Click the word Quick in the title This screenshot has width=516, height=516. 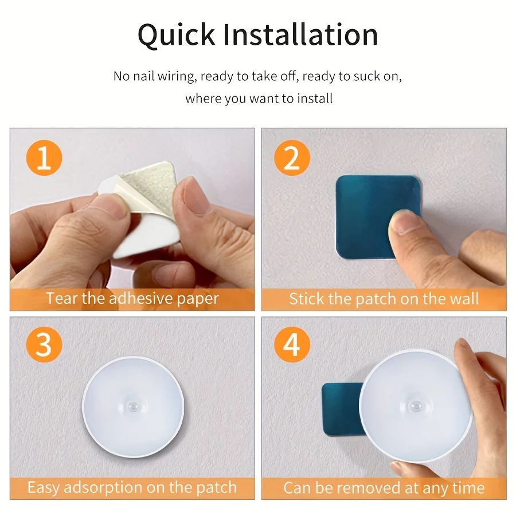[175, 35]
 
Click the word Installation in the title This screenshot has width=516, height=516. [300, 35]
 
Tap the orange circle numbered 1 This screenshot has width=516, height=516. [44, 158]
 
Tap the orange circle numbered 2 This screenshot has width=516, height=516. [292, 158]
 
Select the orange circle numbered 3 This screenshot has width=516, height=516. [44, 346]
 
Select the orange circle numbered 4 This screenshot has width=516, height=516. [292, 346]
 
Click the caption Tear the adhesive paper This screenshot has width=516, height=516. [132, 299]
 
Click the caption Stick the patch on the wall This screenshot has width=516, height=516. [384, 299]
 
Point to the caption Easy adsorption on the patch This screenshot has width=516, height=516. [132, 488]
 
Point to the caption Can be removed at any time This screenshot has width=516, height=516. [384, 488]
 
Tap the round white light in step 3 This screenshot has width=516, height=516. [134, 406]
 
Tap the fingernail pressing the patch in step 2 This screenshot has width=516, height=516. [404, 221]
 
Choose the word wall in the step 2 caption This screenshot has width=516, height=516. [464, 299]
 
